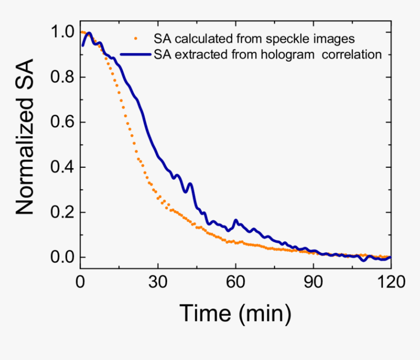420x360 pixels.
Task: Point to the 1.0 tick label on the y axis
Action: (x=63, y=32)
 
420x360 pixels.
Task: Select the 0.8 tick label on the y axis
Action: (x=63, y=77)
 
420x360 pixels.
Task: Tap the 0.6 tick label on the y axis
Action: (x=63, y=122)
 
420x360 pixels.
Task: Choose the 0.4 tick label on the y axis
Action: (x=63, y=167)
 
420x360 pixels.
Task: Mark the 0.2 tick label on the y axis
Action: (x=63, y=212)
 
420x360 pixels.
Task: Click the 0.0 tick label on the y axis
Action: (x=63, y=257)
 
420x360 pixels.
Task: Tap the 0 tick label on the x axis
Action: (x=81, y=281)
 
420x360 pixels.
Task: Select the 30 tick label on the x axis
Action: (x=158, y=281)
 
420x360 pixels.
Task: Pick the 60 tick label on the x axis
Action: (x=235, y=281)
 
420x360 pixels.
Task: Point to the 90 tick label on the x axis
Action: (x=313, y=281)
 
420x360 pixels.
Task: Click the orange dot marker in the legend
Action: (x=136, y=37)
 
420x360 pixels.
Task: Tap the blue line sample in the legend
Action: (x=136, y=54)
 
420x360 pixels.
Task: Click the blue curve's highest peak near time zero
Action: (x=89, y=33)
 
